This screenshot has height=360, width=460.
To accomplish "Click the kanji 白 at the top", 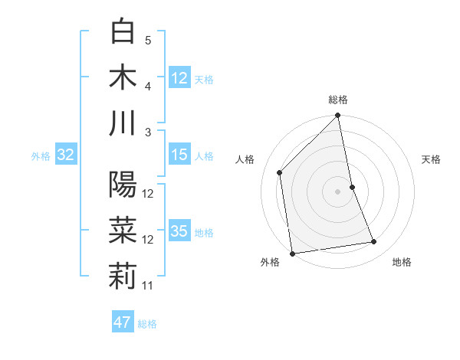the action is click(x=123, y=32).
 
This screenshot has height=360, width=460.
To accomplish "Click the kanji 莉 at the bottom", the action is click(x=123, y=277).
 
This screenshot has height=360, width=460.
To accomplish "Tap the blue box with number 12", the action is click(x=179, y=77).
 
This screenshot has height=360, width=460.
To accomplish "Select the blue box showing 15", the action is click(x=179, y=155).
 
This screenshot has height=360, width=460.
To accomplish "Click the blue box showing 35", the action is click(x=179, y=232).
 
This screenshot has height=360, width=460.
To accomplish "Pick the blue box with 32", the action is click(x=65, y=155).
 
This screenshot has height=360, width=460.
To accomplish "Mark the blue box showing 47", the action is click(x=123, y=322).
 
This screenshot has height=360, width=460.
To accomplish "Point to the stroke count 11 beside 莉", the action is click(x=148, y=286).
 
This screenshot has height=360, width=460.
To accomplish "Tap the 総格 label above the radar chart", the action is click(x=338, y=100).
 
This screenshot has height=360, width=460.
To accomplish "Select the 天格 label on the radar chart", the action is click(x=432, y=159).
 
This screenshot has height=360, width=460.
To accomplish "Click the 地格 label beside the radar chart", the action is click(x=402, y=262).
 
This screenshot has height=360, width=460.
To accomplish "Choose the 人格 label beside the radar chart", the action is click(x=245, y=159).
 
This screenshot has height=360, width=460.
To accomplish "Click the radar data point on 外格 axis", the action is click(x=292, y=254).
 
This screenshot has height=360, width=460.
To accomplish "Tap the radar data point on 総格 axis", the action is click(x=338, y=116).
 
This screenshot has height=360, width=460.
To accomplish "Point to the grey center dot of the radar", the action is click(x=338, y=191).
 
